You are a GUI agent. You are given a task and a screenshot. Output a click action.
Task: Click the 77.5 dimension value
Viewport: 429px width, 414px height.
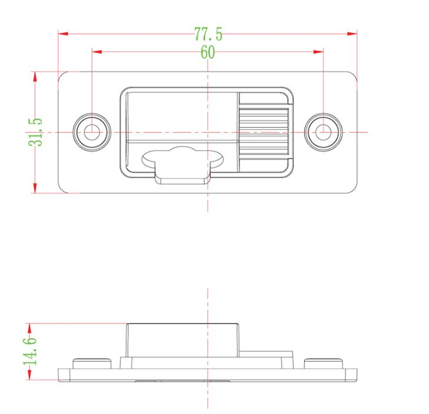pyautogui.click(x=208, y=34)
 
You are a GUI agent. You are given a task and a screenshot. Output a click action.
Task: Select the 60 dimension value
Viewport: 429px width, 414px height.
pyautogui.click(x=208, y=53)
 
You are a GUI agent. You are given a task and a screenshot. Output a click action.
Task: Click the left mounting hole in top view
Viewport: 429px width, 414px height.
pyautogui.click(x=91, y=132)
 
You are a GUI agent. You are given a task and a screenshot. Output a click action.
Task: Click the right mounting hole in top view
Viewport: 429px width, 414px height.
pyautogui.click(x=323, y=132)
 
